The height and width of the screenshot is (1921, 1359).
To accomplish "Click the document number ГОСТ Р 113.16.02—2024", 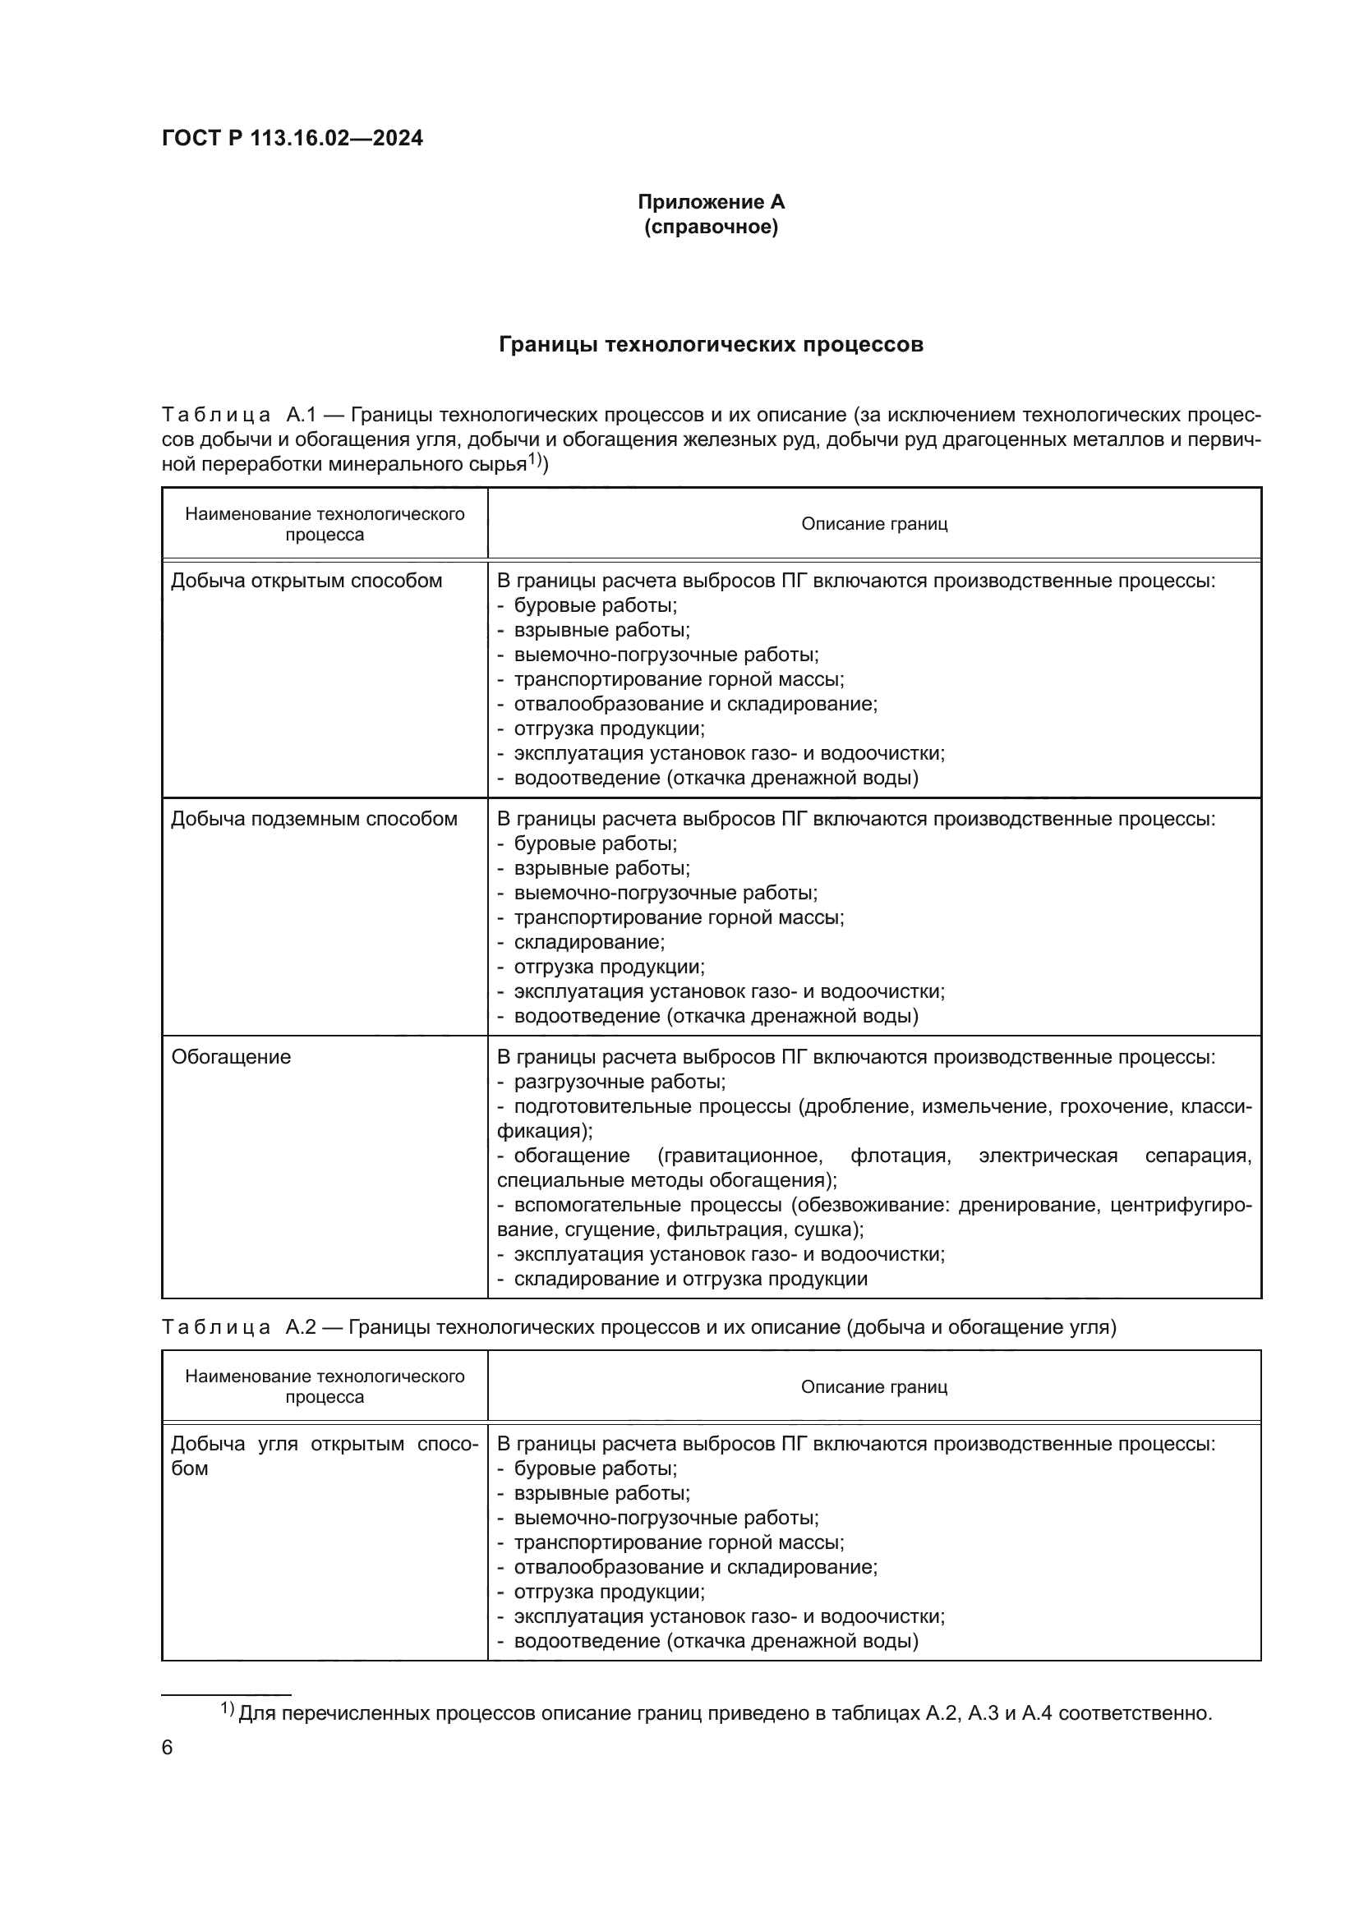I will [x=292, y=138].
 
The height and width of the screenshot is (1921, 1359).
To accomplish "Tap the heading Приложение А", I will [x=711, y=202].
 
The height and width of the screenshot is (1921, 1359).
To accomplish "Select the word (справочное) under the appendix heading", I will [x=711, y=227].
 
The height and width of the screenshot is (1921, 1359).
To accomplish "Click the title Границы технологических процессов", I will [x=711, y=345].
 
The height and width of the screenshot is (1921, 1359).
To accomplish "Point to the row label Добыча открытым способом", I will [x=306, y=581].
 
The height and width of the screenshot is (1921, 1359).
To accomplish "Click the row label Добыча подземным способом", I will [x=314, y=818].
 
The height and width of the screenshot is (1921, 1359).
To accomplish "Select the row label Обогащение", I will [x=231, y=1057].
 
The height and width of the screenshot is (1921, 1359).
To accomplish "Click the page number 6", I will [x=167, y=1748].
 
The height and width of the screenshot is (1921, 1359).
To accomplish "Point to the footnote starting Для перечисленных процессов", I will [x=725, y=1713].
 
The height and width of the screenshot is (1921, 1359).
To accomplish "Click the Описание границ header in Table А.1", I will [x=873, y=524].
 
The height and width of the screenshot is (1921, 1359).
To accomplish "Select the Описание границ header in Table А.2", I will [x=873, y=1386].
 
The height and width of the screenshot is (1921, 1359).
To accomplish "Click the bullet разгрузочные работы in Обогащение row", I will [x=620, y=1082].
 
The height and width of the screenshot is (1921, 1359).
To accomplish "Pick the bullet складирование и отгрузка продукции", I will [x=690, y=1279].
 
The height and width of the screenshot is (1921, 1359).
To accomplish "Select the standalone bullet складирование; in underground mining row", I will [x=589, y=942].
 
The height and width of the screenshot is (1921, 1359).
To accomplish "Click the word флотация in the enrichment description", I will [x=900, y=1156].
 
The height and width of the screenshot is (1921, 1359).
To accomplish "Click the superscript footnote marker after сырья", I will [x=535, y=459].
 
